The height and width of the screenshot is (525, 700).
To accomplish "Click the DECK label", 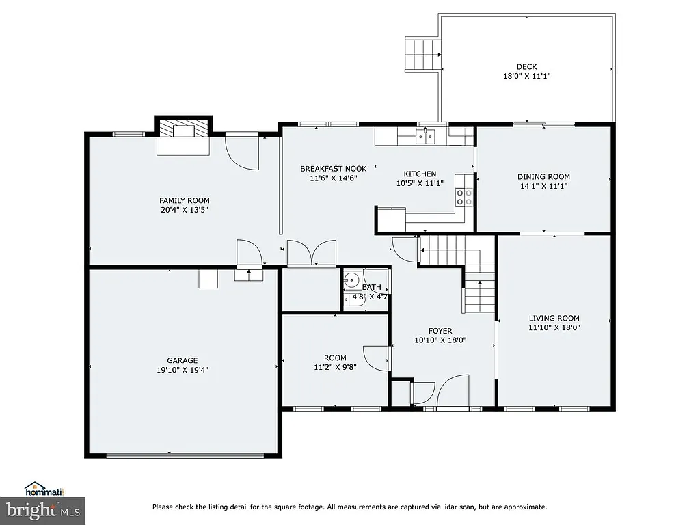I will (526, 66).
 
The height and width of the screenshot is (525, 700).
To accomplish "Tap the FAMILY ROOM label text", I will (183, 200).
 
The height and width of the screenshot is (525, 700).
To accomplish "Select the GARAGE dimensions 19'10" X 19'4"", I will (183, 370).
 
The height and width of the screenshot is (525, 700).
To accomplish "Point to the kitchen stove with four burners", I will (464, 197).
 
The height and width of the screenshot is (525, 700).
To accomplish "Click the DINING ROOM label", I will (543, 176).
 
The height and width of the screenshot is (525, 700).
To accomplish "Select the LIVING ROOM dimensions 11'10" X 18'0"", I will (554, 327).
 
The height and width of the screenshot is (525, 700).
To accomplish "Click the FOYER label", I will (440, 331).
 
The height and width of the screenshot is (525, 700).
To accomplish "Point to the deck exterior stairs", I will (422, 55).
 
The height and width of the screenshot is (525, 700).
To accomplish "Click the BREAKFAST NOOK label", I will (333, 168).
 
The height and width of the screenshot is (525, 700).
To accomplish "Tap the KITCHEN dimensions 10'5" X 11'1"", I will (420, 183).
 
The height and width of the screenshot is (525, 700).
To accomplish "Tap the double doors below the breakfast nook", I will (312, 252).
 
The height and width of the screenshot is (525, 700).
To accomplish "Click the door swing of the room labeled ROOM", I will (376, 358).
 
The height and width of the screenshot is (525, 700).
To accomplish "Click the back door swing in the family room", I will (242, 152).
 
